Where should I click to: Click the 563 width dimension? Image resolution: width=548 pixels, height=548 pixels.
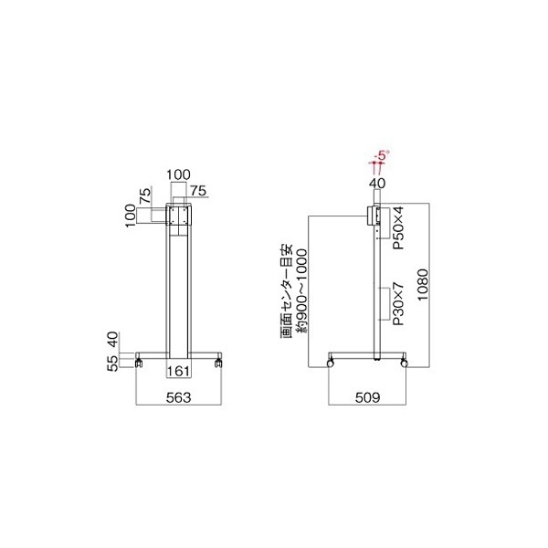point(178,397)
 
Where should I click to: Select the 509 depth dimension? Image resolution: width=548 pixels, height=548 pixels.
point(367,397)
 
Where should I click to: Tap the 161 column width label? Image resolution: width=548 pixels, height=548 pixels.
point(178,371)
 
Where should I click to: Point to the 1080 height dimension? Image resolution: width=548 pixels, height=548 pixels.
point(423,284)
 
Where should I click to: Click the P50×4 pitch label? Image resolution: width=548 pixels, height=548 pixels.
point(398,227)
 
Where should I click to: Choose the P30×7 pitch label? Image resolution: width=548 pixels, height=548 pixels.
point(398,304)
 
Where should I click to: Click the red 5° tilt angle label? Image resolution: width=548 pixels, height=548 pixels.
point(383,155)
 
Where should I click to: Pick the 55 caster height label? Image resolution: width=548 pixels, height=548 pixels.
point(113,364)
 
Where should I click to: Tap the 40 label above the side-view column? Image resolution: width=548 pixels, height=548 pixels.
point(377,184)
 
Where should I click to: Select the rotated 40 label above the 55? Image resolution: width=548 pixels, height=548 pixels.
point(113,340)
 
